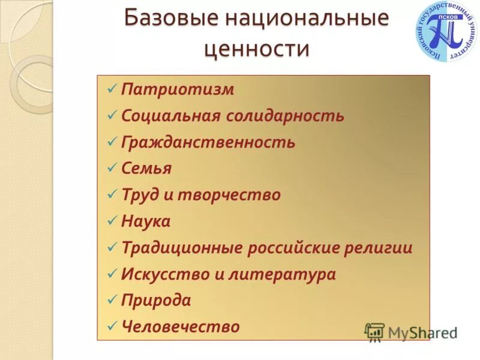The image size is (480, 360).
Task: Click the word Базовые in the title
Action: point(170,17)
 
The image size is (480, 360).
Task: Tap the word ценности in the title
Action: point(257,48)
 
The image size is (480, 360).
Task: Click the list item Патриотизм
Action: point(178,90)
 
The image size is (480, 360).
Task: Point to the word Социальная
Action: point(172,116)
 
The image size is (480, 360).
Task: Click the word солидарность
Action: point(286,116)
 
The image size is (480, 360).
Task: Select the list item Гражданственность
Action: point(208,142)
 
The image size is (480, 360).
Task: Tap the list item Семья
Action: point(146,169)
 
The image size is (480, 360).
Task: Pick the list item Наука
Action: point(146,221)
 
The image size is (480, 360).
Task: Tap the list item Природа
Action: point(156,300)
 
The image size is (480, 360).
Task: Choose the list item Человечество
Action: point(180,326)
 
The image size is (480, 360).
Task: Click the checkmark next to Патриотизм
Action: point(112,89)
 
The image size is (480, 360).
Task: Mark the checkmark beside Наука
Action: point(112,221)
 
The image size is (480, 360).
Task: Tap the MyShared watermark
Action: point(411,332)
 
